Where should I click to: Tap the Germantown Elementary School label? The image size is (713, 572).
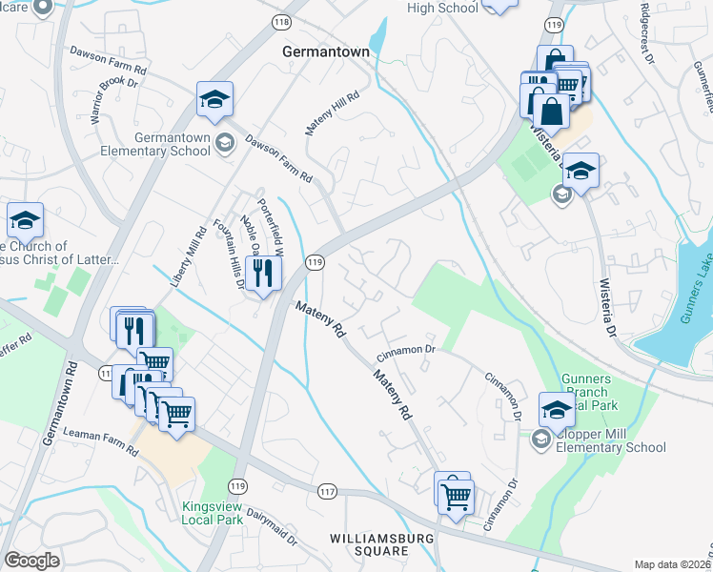pos(173,144)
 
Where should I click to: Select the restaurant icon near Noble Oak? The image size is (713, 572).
pos(261,275)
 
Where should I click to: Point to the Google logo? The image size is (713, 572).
pos(31,561)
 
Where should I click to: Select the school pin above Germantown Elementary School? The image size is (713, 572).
pos(215,99)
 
